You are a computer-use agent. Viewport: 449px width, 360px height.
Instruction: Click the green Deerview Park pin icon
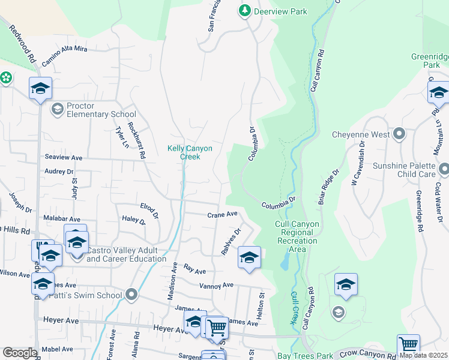(x=244, y=11)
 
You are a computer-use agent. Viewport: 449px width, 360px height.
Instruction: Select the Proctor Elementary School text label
(x=101, y=110)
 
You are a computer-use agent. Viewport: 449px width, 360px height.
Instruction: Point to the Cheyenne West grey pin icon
(x=399, y=134)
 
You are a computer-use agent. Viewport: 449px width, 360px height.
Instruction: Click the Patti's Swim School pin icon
(x=132, y=295)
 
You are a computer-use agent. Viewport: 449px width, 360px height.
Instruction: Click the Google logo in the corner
(x=20, y=353)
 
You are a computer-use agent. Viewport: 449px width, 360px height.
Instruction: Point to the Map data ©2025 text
(x=423, y=355)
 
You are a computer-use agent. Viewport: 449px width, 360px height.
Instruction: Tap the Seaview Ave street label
(x=63, y=157)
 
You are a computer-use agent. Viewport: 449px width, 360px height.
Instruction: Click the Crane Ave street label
(x=222, y=214)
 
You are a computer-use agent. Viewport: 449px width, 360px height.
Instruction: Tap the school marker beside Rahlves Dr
(x=249, y=257)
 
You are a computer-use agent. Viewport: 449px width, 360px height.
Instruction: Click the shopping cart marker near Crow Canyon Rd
(x=408, y=345)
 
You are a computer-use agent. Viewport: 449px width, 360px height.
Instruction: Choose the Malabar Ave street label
(x=61, y=220)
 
